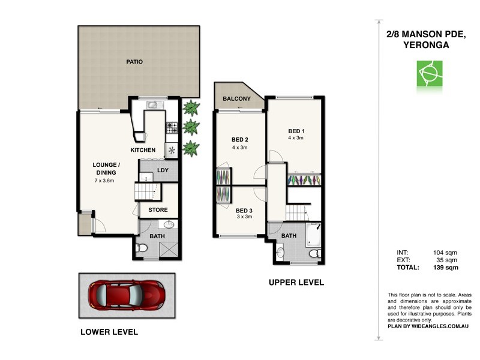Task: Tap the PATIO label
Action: click(x=134, y=62)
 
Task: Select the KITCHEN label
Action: click(x=143, y=150)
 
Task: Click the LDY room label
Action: click(x=163, y=170)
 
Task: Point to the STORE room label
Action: click(x=158, y=210)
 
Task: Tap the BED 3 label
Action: click(x=244, y=211)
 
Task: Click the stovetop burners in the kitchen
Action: click(x=172, y=127)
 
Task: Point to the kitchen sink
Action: click(x=154, y=106)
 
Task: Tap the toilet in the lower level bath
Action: click(x=142, y=248)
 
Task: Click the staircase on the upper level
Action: click(x=296, y=212)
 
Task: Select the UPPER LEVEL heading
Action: click(x=296, y=282)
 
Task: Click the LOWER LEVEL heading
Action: click(x=110, y=332)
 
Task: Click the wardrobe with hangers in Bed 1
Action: click(x=304, y=179)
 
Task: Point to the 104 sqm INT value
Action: click(x=445, y=252)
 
